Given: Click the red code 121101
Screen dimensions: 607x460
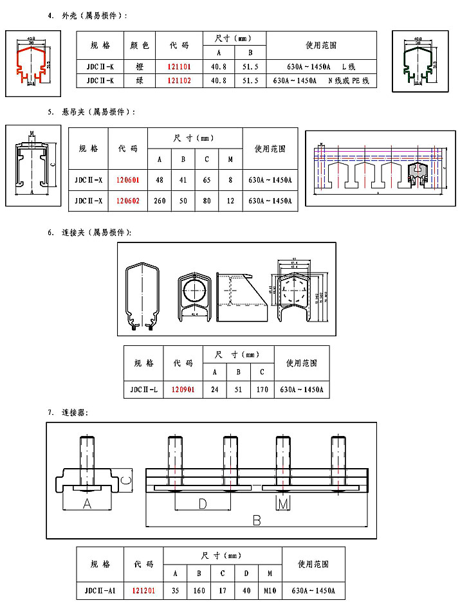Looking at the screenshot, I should pyautogui.click(x=179, y=66).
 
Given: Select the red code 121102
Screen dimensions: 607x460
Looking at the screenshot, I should pyautogui.click(x=179, y=81).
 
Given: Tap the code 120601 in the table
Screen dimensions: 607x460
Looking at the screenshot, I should pyautogui.click(x=128, y=180).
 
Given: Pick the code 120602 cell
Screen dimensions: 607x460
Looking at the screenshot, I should pyautogui.click(x=128, y=201).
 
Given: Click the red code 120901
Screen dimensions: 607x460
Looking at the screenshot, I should pyautogui.click(x=183, y=390).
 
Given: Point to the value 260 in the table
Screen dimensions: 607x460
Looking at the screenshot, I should pyautogui.click(x=160, y=201).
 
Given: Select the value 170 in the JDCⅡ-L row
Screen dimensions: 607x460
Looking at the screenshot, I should pyautogui.click(x=262, y=390).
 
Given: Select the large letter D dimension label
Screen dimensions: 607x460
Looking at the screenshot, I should pyautogui.click(x=202, y=503).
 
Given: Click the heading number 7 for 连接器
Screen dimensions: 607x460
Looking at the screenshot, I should pyautogui.click(x=50, y=412).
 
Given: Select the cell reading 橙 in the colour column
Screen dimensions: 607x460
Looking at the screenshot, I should pyautogui.click(x=140, y=66).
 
